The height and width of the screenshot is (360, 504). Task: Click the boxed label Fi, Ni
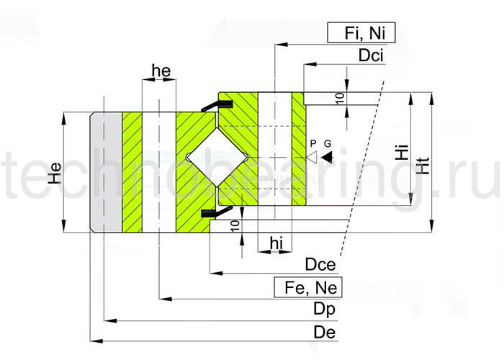(361, 33)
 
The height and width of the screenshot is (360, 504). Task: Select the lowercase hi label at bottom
(275, 243)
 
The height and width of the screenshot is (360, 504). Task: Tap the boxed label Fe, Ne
(307, 288)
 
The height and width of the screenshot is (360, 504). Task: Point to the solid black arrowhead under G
(326, 156)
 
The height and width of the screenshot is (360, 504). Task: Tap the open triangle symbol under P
(312, 156)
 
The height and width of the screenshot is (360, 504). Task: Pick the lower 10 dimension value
(235, 226)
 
